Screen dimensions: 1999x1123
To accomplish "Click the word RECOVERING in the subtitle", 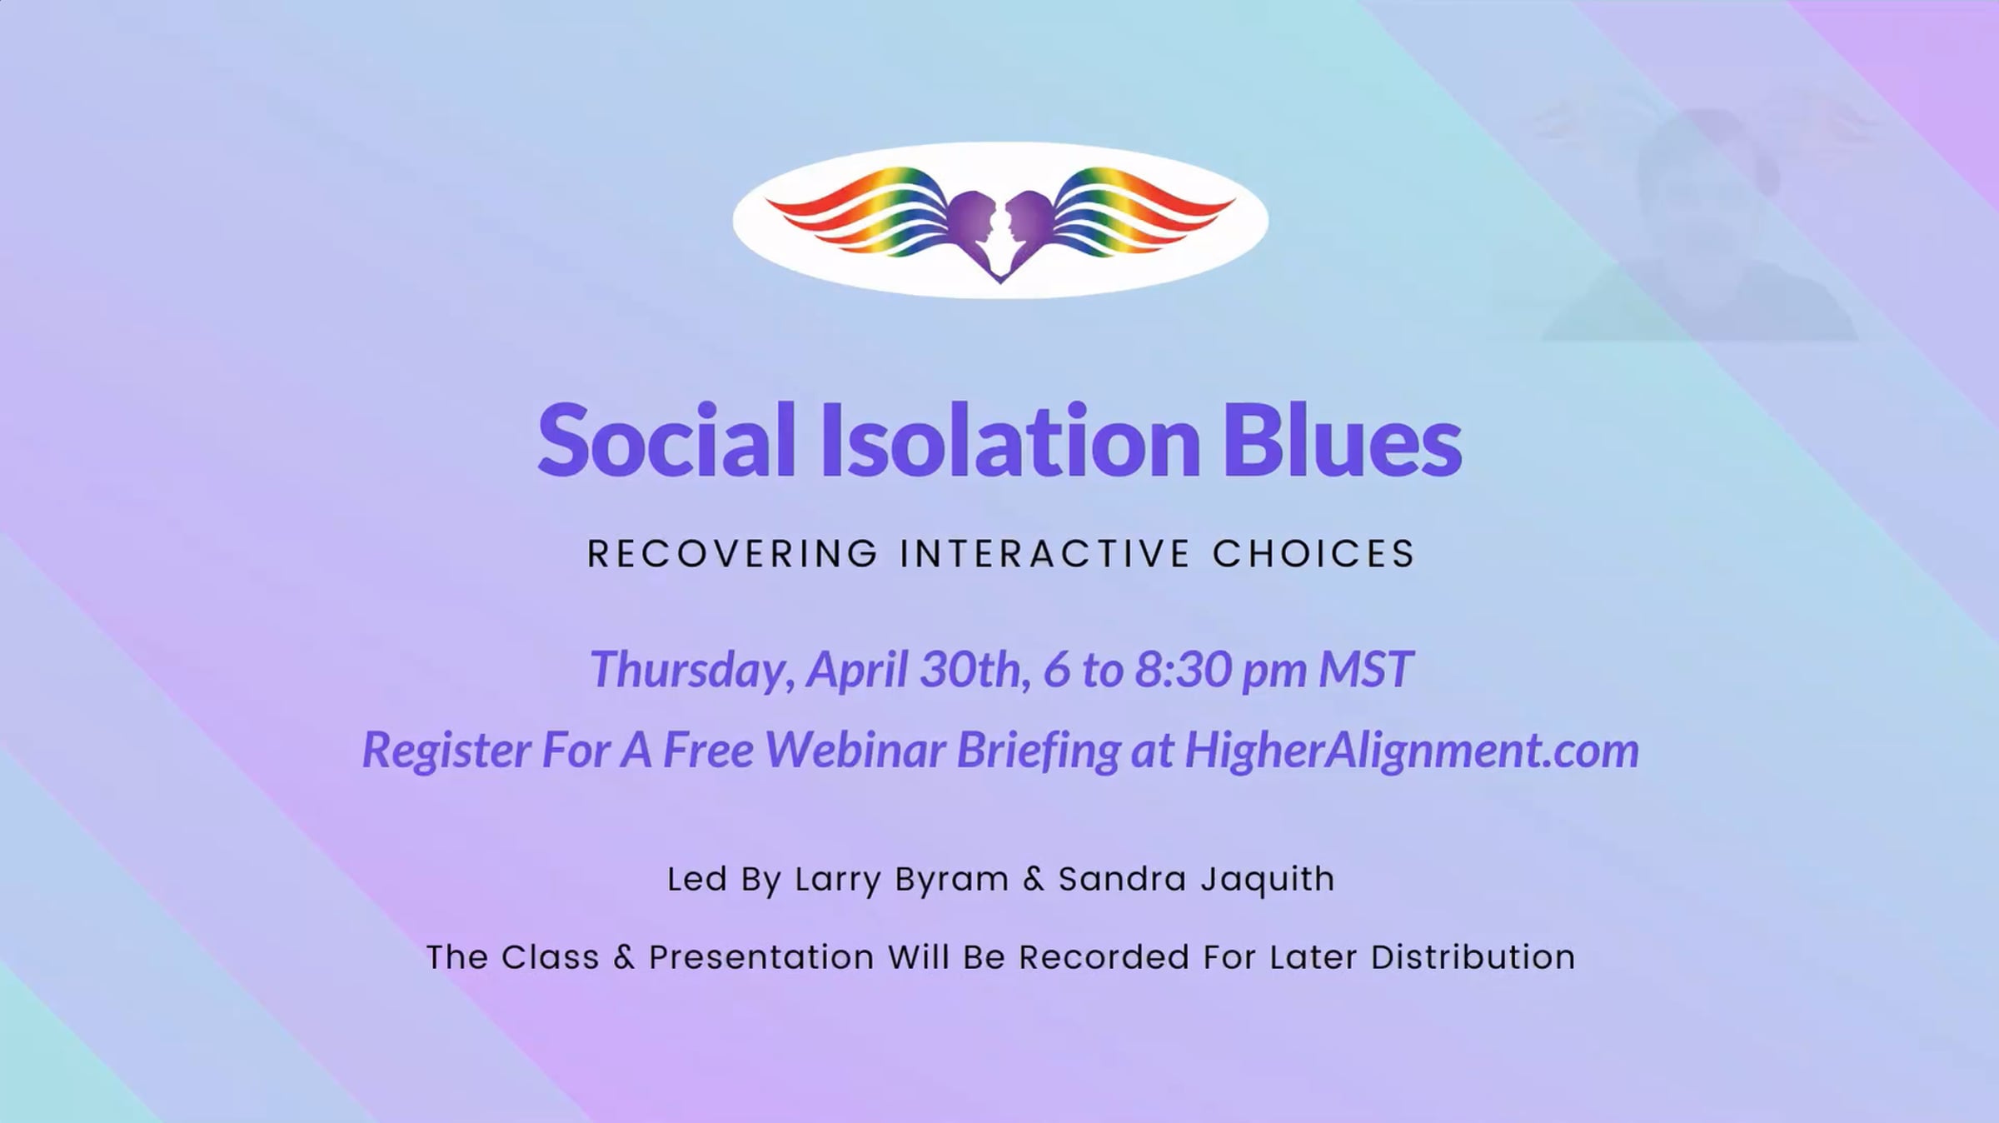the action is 733,554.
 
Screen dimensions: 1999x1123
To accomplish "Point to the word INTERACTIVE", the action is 1045,554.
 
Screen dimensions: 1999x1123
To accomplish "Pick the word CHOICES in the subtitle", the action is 1314,554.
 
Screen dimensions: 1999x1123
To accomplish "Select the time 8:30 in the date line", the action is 1183,670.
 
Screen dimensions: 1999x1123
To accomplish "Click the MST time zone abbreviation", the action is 1366,670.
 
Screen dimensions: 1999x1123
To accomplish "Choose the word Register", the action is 446,750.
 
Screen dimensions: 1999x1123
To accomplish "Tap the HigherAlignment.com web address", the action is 1412,750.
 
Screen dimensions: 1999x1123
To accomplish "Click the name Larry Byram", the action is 902,880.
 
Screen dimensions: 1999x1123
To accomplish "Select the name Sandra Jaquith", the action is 1196,880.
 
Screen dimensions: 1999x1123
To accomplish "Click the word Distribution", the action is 1473,957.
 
